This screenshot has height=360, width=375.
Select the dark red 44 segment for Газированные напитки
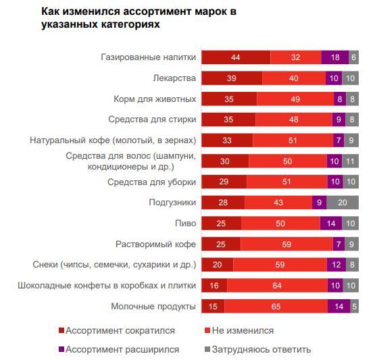(236, 58)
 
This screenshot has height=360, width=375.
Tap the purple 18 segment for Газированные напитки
(335, 58)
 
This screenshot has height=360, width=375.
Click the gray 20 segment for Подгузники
(342, 203)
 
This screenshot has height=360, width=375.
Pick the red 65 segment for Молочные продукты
(276, 307)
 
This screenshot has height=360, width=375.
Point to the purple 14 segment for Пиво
(331, 224)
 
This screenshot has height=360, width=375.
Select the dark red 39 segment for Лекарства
(232, 79)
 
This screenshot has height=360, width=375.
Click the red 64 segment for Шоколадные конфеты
(276, 286)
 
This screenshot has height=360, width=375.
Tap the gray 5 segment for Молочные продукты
(354, 307)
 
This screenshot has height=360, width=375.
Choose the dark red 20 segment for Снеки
(218, 265)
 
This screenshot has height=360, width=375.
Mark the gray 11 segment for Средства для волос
(349, 161)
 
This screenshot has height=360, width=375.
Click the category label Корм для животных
(155, 99)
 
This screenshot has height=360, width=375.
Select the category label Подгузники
(172, 203)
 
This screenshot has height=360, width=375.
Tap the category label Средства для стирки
(152, 120)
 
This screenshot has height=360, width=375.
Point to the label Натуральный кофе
(113, 140)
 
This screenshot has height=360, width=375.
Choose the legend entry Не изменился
(243, 330)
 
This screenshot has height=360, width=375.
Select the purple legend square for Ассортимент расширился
(62, 349)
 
